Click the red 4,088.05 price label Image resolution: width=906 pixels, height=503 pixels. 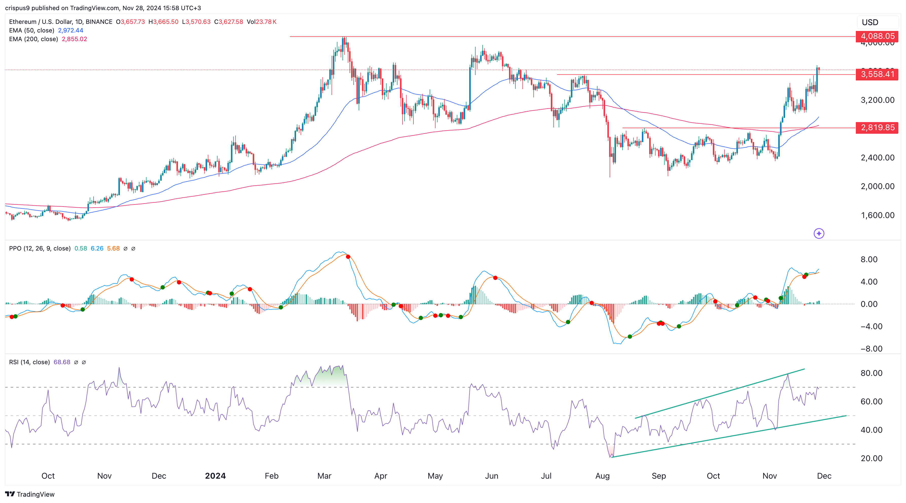(x=877, y=36)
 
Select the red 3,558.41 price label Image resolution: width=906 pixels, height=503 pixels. (x=877, y=74)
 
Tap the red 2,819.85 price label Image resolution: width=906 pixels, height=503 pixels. (x=877, y=127)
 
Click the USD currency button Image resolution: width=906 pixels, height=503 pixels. (x=870, y=22)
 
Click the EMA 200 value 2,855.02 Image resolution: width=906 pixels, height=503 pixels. (x=74, y=39)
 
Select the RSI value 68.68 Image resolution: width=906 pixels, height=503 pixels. (x=62, y=362)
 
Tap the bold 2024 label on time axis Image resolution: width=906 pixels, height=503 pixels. (x=215, y=476)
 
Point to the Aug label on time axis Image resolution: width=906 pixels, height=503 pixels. (x=602, y=476)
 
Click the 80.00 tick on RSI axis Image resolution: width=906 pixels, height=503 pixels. (x=871, y=373)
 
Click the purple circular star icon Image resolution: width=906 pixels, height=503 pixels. (x=819, y=233)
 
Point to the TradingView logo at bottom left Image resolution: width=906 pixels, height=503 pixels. (x=30, y=494)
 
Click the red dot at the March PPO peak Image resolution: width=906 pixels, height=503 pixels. (x=348, y=257)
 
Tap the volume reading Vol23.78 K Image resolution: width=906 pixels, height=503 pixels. (x=261, y=22)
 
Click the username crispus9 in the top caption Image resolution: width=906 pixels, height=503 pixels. (x=17, y=8)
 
